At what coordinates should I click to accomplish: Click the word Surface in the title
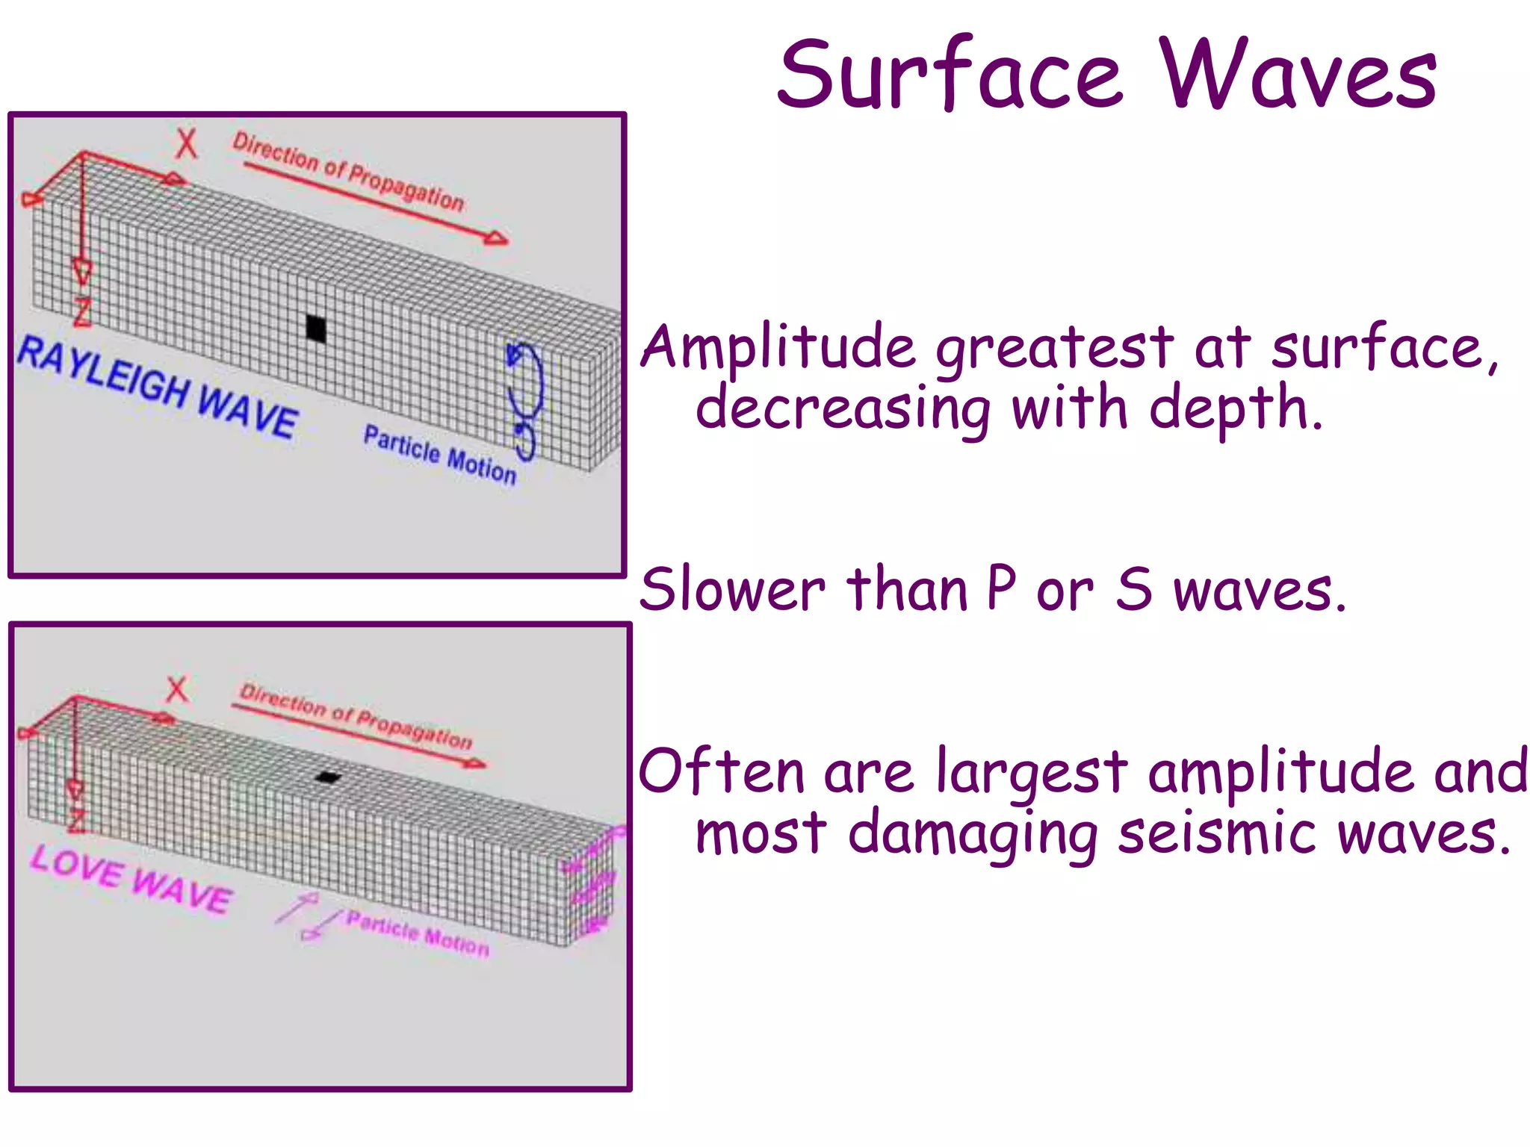950,75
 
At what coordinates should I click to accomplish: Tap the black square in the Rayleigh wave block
316,329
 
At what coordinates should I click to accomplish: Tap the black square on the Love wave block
327,777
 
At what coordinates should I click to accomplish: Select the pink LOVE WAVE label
131,880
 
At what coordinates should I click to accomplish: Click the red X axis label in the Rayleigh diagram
186,143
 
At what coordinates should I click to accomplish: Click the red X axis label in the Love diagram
177,689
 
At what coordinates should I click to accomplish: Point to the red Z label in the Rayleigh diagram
82,312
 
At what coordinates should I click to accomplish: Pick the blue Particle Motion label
439,455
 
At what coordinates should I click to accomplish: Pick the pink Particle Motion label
418,933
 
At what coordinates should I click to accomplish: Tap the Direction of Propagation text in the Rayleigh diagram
348,172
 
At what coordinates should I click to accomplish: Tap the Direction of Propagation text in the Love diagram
356,715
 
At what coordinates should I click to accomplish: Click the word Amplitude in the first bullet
778,347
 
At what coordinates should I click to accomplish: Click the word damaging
972,834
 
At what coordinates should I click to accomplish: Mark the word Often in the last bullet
721,771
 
